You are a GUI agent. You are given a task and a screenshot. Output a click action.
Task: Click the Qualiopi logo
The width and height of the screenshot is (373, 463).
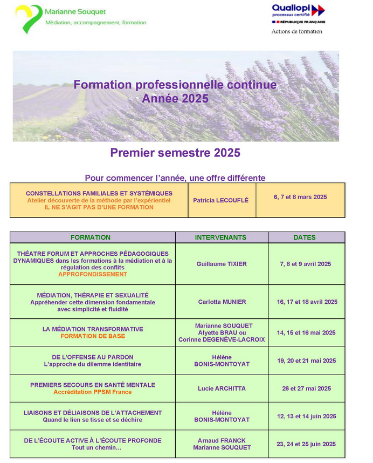pyautogui.click(x=298, y=13)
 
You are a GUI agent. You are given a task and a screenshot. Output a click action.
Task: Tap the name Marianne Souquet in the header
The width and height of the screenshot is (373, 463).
pyautogui.click(x=75, y=11)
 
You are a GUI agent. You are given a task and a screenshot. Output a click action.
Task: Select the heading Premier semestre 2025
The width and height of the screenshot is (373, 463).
pyautogui.click(x=175, y=153)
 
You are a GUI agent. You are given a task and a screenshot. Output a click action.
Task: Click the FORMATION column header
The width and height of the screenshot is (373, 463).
pyautogui.click(x=91, y=237)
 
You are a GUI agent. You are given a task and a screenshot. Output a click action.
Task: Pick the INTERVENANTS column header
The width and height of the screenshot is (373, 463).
pyautogui.click(x=220, y=237)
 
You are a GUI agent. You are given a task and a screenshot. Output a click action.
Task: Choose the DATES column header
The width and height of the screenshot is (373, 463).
pyautogui.click(x=305, y=237)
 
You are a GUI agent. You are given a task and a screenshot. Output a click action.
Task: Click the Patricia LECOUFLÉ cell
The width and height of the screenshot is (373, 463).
pyautogui.click(x=221, y=200)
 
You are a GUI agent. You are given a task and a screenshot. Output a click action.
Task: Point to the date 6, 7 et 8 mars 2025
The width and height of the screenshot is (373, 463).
pyautogui.click(x=300, y=197)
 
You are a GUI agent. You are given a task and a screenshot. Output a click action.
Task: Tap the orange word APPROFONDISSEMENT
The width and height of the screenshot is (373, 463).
pyautogui.click(x=93, y=274)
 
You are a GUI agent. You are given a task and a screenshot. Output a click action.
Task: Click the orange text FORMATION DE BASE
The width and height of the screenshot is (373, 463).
pyautogui.click(x=93, y=336)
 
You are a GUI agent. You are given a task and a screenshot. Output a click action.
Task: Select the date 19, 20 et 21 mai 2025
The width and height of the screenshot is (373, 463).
pyautogui.click(x=306, y=360)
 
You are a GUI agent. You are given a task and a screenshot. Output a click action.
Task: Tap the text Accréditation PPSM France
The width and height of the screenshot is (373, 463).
pyautogui.click(x=93, y=392)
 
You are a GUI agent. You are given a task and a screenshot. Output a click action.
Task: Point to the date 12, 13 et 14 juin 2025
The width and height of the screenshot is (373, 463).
pyautogui.click(x=306, y=416)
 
